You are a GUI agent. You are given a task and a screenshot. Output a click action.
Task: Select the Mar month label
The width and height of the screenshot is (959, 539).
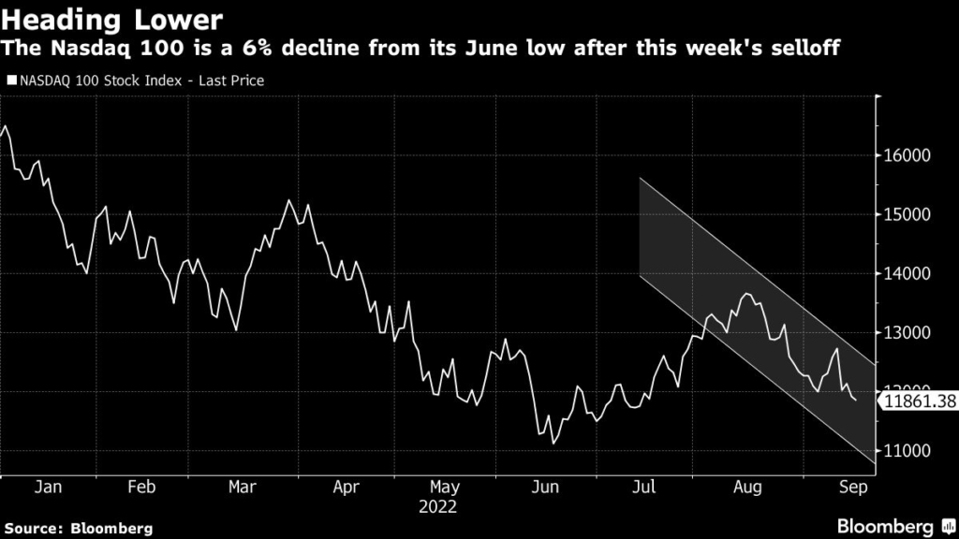point(243,488)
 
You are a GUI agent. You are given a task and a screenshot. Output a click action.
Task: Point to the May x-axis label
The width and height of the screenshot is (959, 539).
point(445,488)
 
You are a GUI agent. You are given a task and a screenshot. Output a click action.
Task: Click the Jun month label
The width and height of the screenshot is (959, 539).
point(546,488)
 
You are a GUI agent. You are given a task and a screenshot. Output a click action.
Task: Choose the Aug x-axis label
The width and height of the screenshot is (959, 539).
point(747,488)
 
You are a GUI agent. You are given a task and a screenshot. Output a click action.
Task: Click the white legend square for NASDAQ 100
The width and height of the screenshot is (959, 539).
point(10,81)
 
